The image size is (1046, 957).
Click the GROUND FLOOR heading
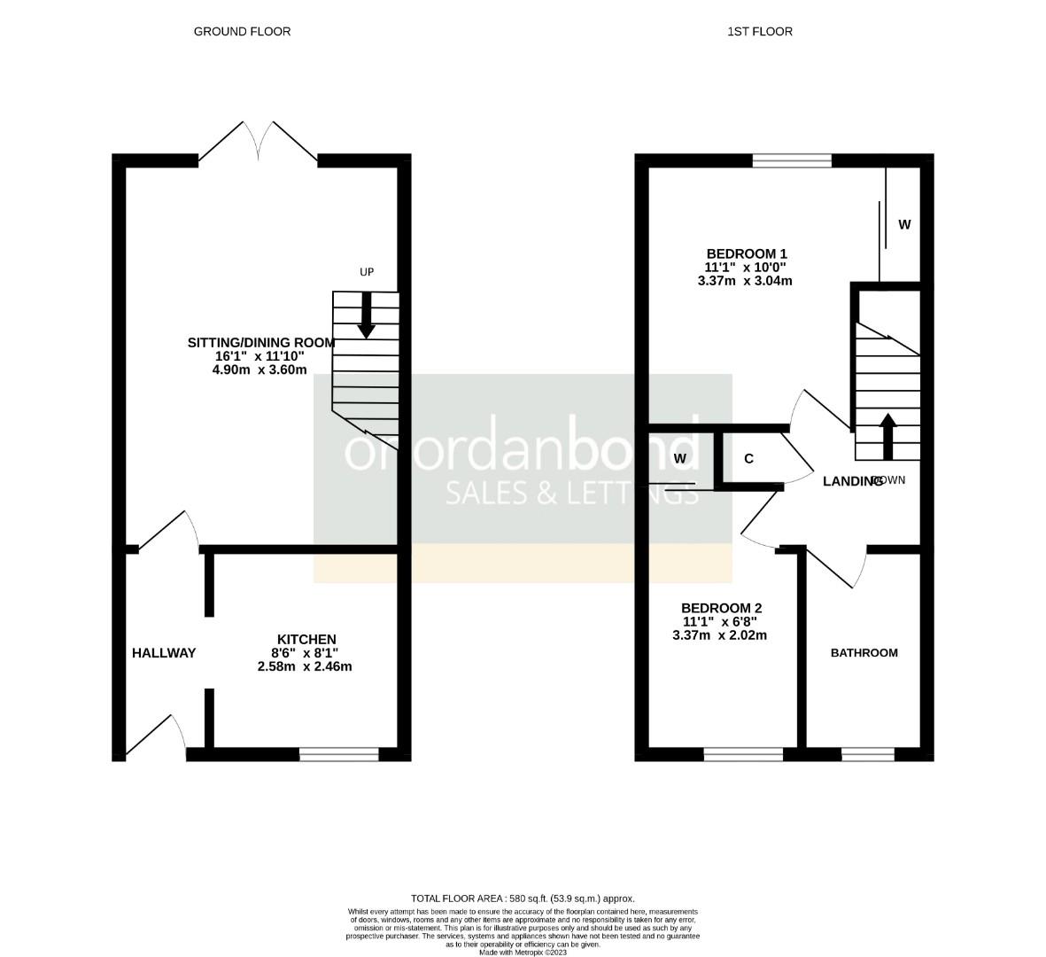click(x=242, y=32)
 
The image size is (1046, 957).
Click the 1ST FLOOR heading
click(x=759, y=32)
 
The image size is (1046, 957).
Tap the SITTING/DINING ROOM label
click(x=261, y=343)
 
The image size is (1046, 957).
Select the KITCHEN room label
click(x=306, y=640)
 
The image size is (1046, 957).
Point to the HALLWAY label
click(x=164, y=653)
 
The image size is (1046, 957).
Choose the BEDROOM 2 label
click(x=721, y=608)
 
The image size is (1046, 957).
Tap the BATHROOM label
click(x=864, y=653)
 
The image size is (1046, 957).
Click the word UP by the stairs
click(x=367, y=272)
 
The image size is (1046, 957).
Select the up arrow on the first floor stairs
click(x=887, y=434)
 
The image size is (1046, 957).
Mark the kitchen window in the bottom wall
click(x=339, y=755)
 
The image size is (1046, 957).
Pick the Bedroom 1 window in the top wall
click(x=792, y=160)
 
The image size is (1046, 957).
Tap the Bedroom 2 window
click(x=743, y=755)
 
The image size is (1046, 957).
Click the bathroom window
click(x=868, y=755)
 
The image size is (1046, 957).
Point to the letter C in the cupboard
click(x=748, y=459)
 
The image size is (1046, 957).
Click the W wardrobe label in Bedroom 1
click(x=904, y=225)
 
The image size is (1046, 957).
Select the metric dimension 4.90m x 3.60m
click(x=260, y=370)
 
